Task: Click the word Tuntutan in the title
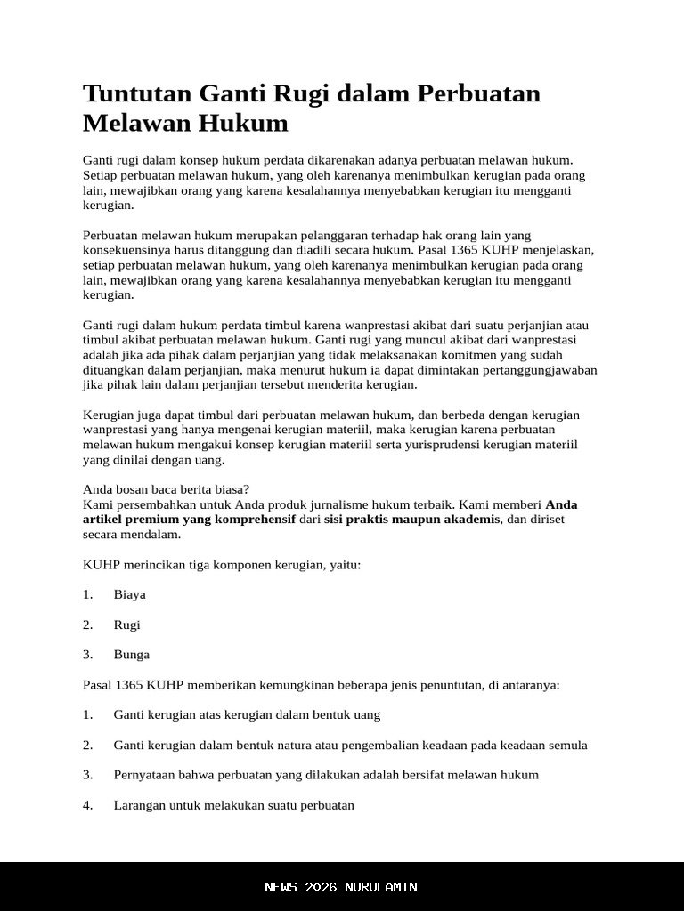pyautogui.click(x=137, y=93)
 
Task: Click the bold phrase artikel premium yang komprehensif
pyautogui.click(x=189, y=520)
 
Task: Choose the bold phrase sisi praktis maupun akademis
pyautogui.click(x=411, y=520)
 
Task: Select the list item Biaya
pyautogui.click(x=129, y=594)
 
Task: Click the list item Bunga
pyautogui.click(x=131, y=655)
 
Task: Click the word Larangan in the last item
pyautogui.click(x=140, y=805)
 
